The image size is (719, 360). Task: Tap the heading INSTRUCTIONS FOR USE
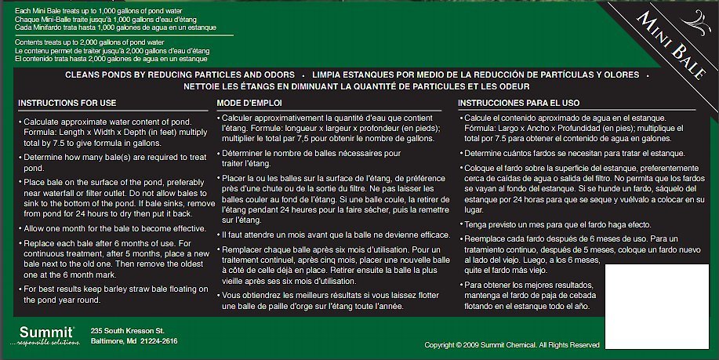[67, 103]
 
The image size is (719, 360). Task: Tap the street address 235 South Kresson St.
[127, 330]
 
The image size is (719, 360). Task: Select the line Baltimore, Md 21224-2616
[134, 341]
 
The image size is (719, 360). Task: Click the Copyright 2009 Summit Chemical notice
[512, 345]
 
